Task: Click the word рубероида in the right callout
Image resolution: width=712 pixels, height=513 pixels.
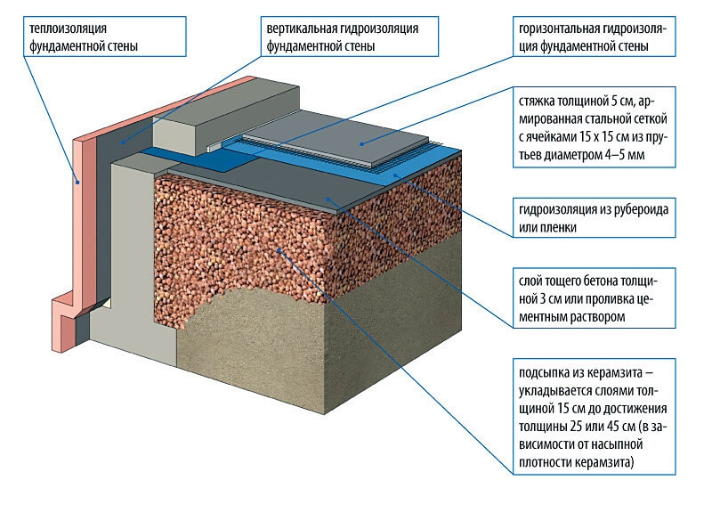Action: pos(637,209)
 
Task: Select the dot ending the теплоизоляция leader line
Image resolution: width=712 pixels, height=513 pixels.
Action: pos(78,183)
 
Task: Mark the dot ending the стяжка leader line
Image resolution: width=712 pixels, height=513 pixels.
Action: pos(361,143)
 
